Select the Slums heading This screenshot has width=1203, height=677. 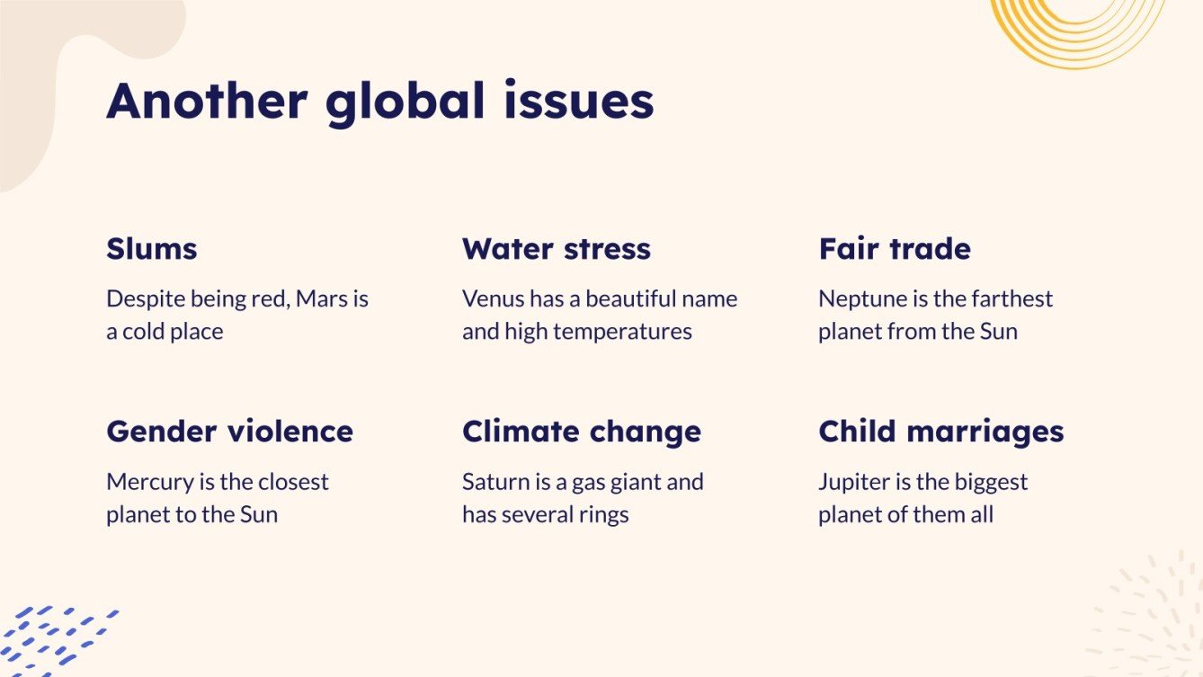coord(151,248)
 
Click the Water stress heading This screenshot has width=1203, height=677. coord(556,248)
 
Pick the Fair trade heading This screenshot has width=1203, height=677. coord(894,248)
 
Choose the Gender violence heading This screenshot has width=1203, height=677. coord(229,432)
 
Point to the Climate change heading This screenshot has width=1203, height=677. coord(581,432)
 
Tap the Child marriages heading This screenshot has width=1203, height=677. coord(940,432)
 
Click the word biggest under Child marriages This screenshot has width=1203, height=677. coord(985,483)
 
